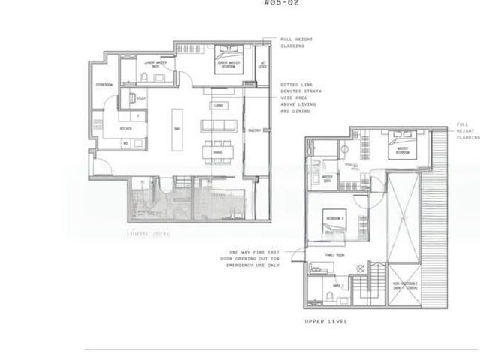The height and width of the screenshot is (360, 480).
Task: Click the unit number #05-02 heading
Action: [x=283, y=4]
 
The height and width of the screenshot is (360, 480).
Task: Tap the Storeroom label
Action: [x=104, y=85]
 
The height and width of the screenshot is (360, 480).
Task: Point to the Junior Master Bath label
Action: [x=155, y=65]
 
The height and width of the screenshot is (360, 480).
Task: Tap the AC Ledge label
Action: [x=262, y=64]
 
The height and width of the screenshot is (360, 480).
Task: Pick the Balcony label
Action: [x=254, y=130]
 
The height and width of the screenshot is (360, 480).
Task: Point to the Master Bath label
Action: [x=327, y=178]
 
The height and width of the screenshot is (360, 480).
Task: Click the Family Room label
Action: [x=334, y=255]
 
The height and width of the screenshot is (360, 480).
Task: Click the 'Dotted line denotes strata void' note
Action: [x=301, y=97]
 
